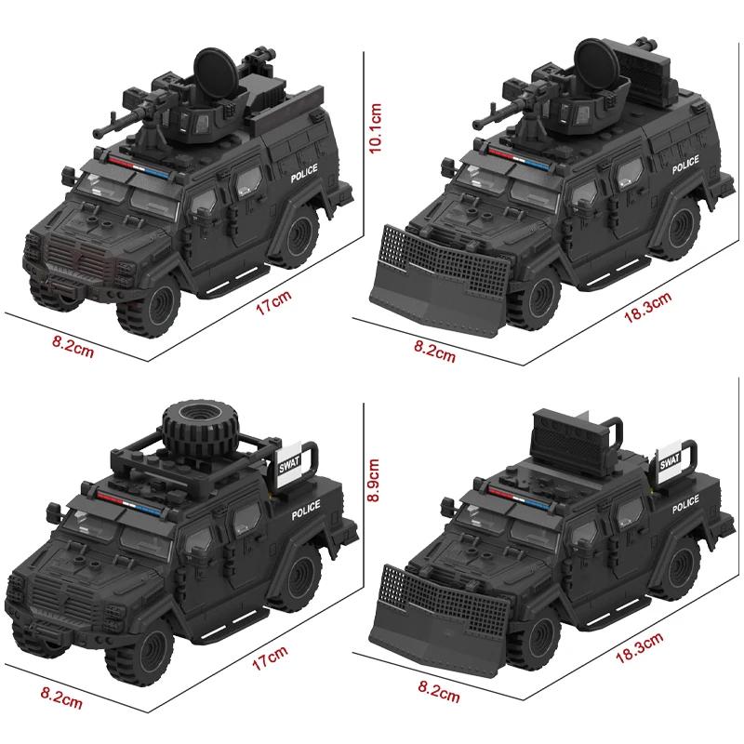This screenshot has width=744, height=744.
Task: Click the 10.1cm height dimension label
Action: point(378,131)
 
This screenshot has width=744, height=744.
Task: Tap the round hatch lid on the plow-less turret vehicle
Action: point(211,71)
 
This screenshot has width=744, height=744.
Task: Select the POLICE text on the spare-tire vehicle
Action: point(305,511)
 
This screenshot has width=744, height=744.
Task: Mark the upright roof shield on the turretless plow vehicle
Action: point(570,437)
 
